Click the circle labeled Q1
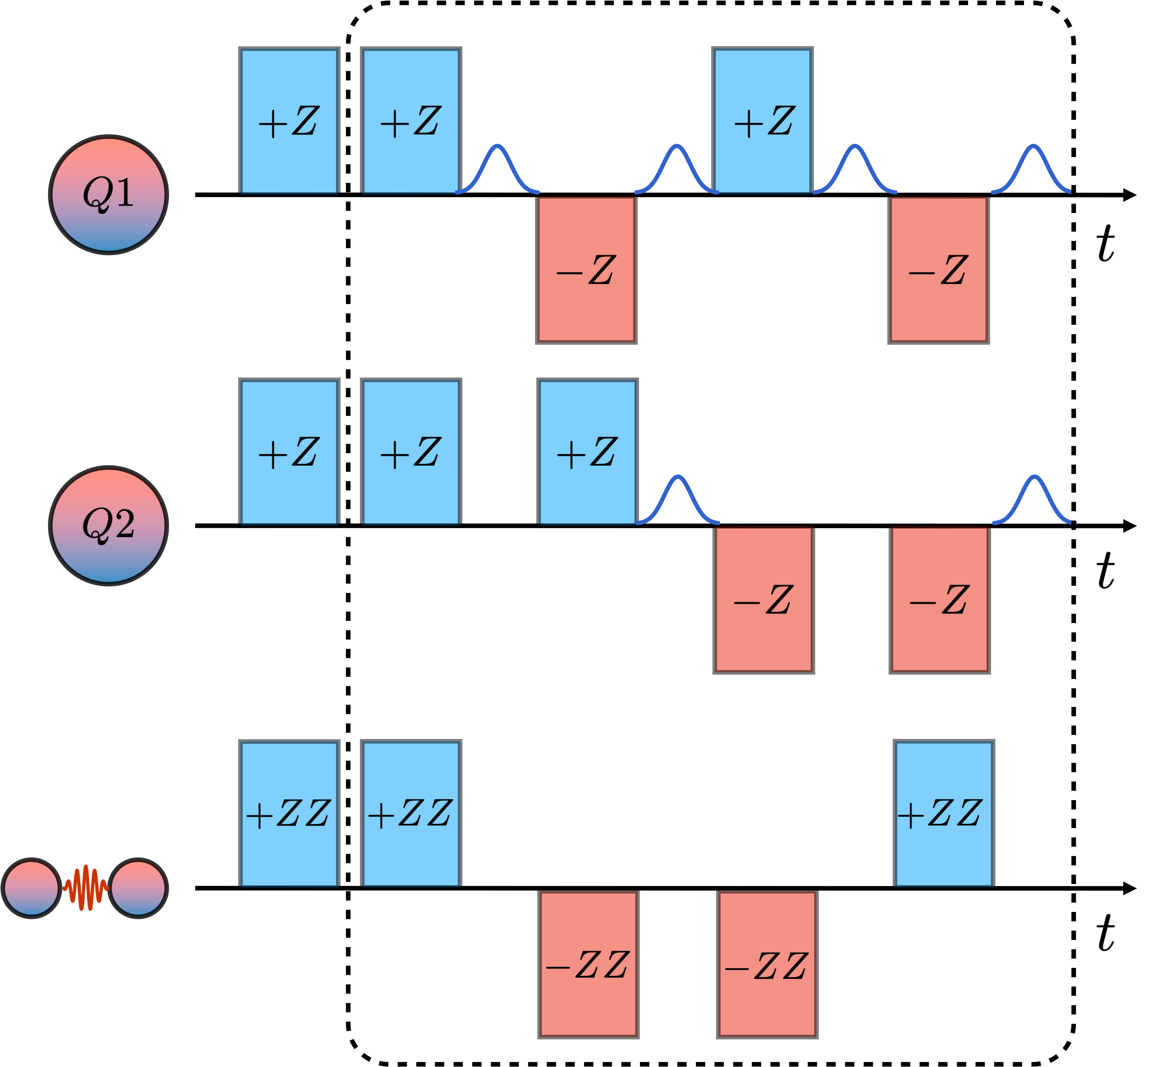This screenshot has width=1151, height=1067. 109,195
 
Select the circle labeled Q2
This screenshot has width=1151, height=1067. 109,525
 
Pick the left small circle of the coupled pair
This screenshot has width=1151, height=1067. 32,888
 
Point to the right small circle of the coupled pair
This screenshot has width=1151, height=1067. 138,888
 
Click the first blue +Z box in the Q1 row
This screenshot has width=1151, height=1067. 289,121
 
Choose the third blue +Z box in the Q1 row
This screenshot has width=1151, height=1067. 762,121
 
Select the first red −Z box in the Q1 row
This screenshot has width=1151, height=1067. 586,269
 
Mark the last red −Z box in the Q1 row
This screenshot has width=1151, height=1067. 938,269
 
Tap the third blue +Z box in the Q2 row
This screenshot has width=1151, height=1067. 587,452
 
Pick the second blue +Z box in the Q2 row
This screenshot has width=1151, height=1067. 411,452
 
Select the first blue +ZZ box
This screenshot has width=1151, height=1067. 289,814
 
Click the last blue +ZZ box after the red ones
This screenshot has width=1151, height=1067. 944,814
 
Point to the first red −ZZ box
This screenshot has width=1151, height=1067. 588,964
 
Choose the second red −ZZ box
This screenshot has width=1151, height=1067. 767,964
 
